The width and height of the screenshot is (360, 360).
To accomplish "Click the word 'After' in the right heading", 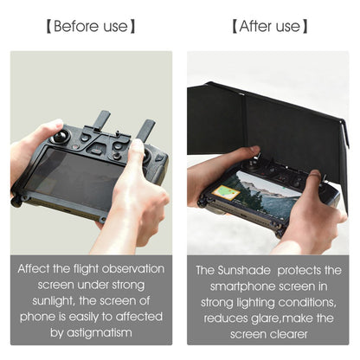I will coord(255,26).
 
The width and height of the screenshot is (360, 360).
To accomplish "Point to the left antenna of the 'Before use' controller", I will coord(103,121).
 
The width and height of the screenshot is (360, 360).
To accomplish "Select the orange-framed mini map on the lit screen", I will coord(226,191).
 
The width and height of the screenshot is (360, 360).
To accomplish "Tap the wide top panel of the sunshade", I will coord(268,121).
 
